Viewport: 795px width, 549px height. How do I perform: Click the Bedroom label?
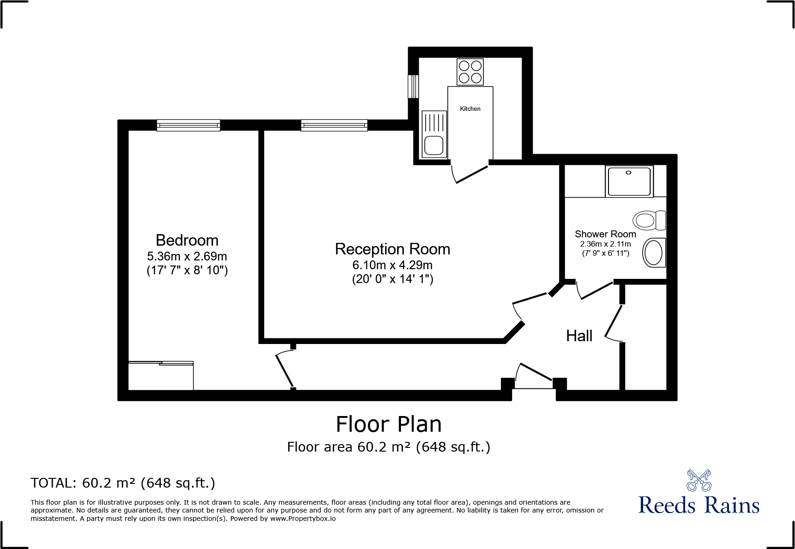(187, 240)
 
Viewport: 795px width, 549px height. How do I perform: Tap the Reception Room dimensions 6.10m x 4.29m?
(392, 265)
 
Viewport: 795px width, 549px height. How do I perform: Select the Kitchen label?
(470, 109)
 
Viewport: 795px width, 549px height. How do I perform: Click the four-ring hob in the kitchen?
(470, 72)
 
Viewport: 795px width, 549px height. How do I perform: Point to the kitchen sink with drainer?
(434, 134)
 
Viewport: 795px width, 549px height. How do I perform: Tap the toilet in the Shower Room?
(649, 220)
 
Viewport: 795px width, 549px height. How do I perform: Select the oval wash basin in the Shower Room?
(653, 253)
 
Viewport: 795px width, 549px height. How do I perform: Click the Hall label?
(579, 336)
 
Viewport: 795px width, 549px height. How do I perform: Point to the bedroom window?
(188, 125)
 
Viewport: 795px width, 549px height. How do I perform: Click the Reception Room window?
(334, 125)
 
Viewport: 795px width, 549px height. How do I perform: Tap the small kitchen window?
(413, 86)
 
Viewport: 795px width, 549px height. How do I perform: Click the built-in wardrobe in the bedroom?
(160, 376)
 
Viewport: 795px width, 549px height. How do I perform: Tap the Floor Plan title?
(388, 424)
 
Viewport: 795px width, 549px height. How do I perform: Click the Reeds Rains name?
(699, 505)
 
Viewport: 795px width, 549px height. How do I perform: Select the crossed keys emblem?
(699, 480)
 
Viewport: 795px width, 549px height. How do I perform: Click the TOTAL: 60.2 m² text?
(123, 483)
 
